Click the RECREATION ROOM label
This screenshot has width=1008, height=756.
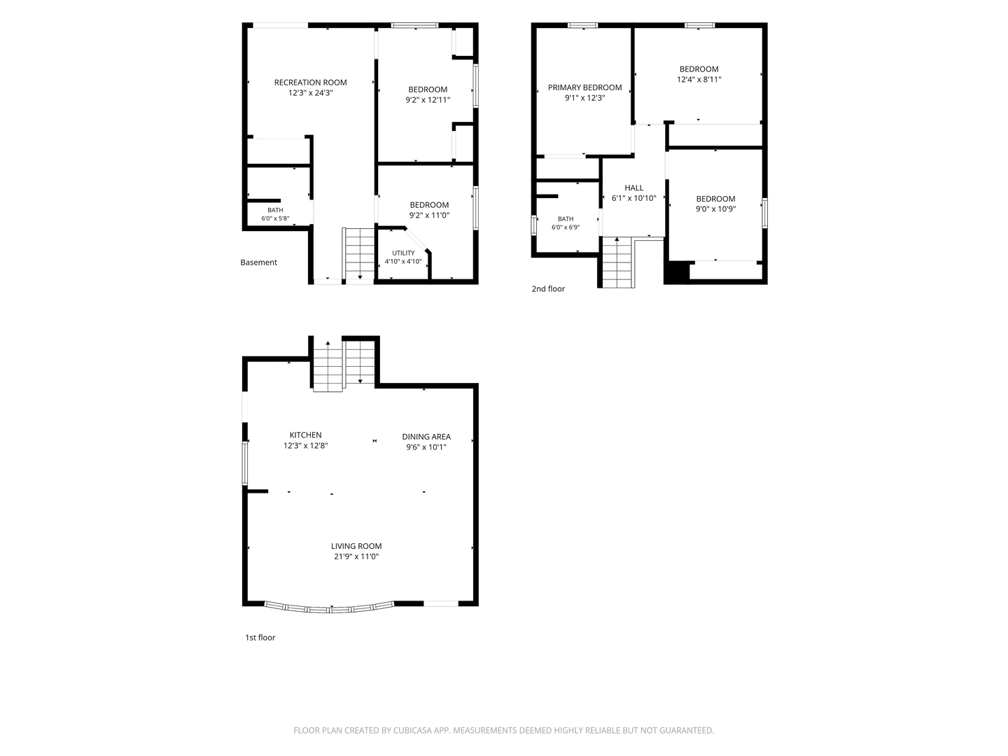(x=310, y=83)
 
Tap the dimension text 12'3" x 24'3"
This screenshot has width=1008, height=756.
(x=310, y=92)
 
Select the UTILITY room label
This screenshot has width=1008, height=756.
(x=403, y=253)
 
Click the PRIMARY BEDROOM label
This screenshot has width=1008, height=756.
(x=584, y=87)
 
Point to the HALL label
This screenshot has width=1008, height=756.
(x=633, y=188)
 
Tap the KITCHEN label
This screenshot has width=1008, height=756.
(x=305, y=435)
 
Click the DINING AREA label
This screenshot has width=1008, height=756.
(x=426, y=437)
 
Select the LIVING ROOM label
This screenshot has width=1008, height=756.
(x=356, y=546)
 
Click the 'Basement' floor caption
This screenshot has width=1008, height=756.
(x=258, y=262)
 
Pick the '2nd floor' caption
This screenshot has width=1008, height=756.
(x=548, y=288)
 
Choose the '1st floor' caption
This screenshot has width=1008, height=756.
(x=260, y=638)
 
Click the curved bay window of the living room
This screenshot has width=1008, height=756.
(x=329, y=609)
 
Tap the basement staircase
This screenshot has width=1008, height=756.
(x=358, y=254)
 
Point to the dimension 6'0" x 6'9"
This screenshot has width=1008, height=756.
(x=566, y=227)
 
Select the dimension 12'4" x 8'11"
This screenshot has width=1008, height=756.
(x=699, y=79)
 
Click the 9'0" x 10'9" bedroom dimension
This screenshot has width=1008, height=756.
(x=715, y=209)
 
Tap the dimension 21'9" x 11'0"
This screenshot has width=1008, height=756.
(x=356, y=556)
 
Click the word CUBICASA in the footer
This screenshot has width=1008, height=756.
(x=412, y=731)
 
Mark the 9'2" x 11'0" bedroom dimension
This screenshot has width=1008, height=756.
(x=429, y=216)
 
